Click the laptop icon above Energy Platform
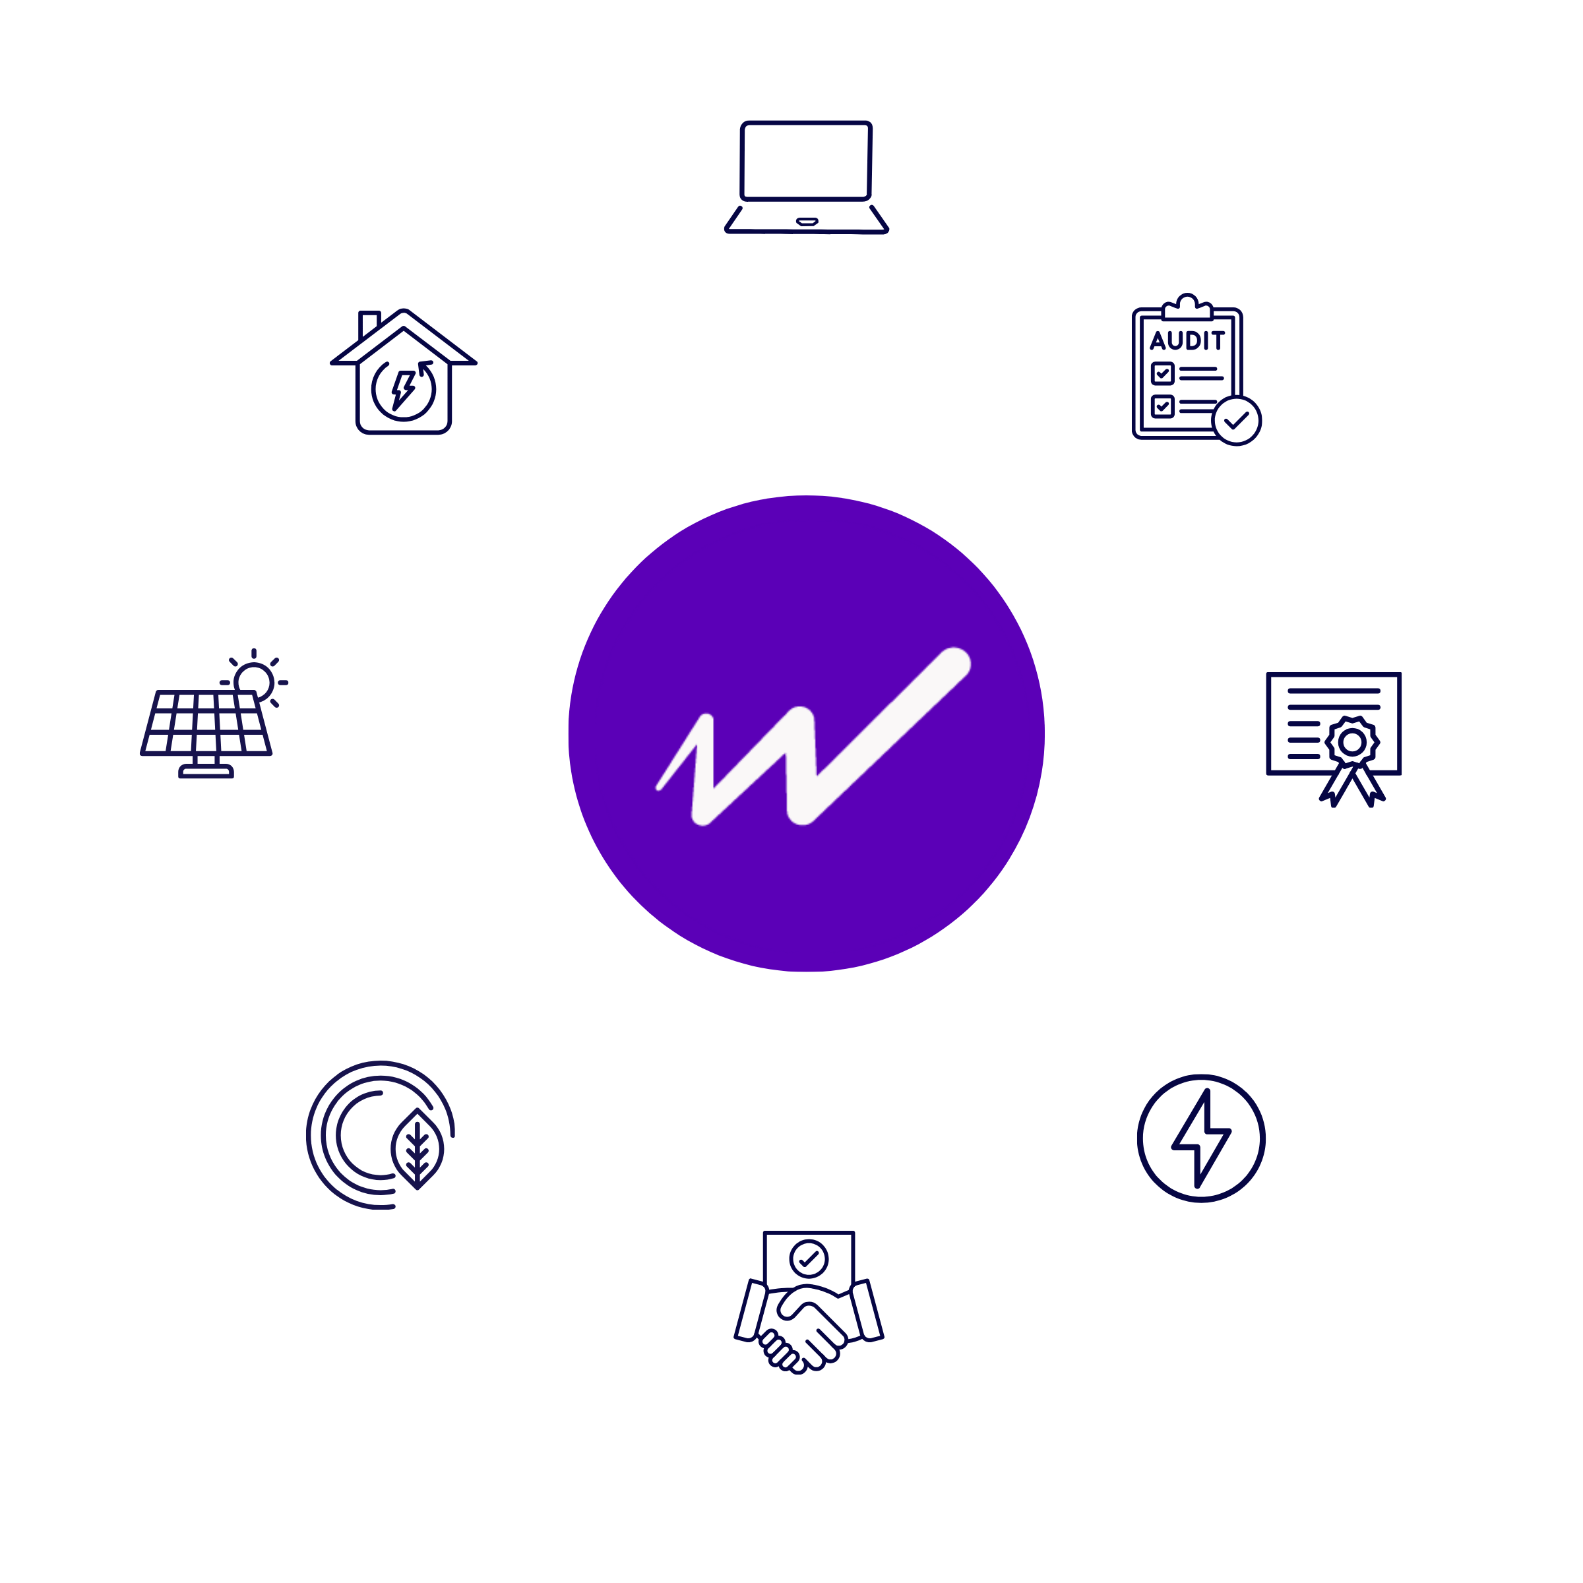click(x=806, y=177)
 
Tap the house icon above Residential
click(x=403, y=372)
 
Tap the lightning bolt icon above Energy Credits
click(x=1200, y=1138)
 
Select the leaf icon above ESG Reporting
click(x=418, y=1147)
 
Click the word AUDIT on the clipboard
click(x=1187, y=340)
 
